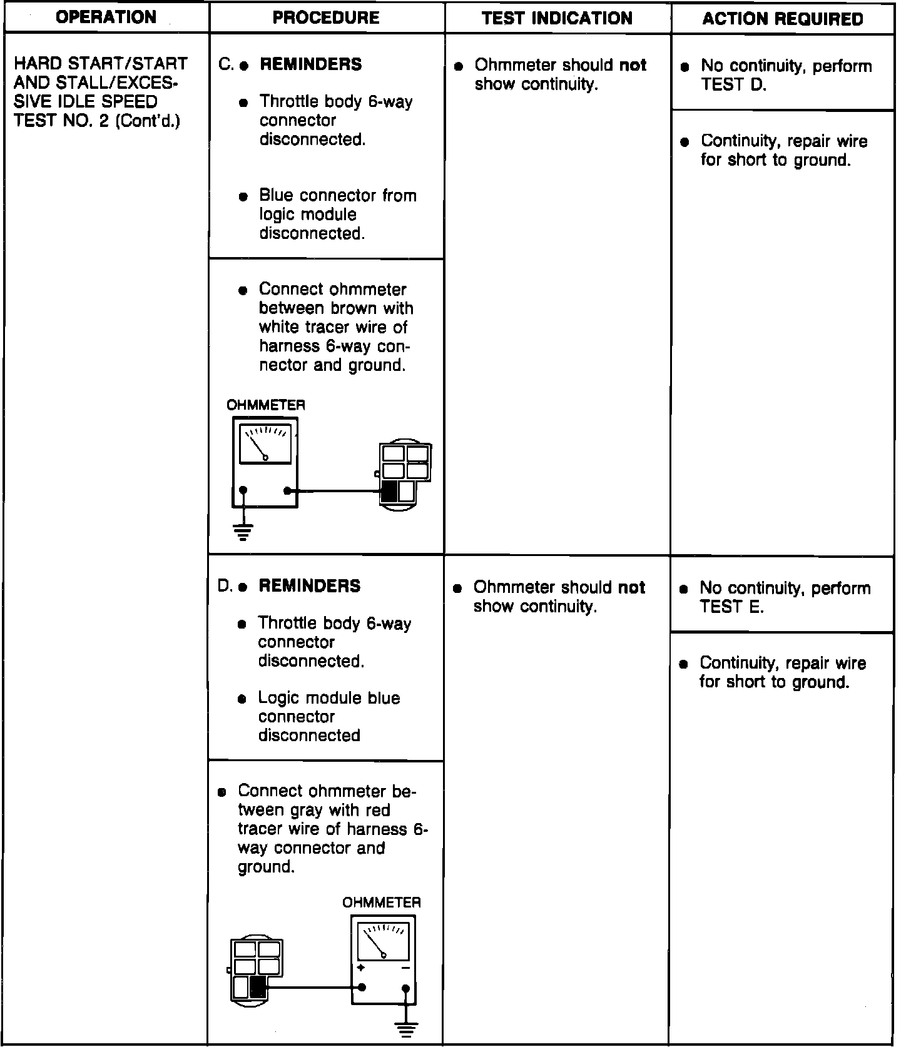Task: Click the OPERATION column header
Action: coord(106,17)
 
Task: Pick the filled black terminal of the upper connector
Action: coord(389,491)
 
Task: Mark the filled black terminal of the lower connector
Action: coord(258,988)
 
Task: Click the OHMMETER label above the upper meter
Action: coord(266,405)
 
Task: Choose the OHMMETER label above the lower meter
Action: coord(381,903)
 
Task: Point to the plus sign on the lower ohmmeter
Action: coord(361,968)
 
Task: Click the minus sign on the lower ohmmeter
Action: coord(405,968)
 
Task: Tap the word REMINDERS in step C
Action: coord(310,64)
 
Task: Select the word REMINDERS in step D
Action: coord(309,586)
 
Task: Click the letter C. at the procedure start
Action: coord(226,64)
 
